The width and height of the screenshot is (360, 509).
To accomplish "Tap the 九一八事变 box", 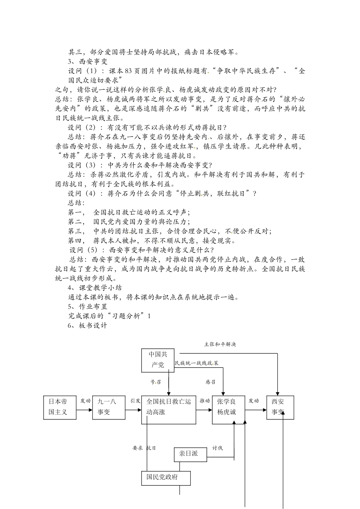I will click(x=109, y=407).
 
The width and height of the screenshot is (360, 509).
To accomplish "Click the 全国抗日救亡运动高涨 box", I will click(x=169, y=407).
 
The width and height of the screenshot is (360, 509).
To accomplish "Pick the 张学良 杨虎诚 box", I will click(x=228, y=407).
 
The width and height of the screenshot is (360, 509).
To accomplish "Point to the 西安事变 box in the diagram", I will click(x=280, y=407).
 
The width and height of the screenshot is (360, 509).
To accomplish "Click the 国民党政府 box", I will click(x=166, y=478).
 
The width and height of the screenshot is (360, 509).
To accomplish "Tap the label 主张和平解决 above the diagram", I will click(x=220, y=344).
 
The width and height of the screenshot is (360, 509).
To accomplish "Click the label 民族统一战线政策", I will click(x=197, y=363).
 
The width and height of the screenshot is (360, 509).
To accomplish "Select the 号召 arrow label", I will click(x=156, y=382).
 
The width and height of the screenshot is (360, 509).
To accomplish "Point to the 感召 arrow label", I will click(x=211, y=382).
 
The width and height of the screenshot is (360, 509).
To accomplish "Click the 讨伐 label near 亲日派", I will click(x=218, y=448).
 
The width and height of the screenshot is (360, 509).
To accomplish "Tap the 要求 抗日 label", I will click(x=144, y=448).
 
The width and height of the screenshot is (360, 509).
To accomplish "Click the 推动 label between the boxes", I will click(x=205, y=401).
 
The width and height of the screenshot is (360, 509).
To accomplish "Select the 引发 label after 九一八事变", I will click(x=135, y=401).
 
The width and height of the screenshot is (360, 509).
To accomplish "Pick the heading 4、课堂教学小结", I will click(x=95, y=288).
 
